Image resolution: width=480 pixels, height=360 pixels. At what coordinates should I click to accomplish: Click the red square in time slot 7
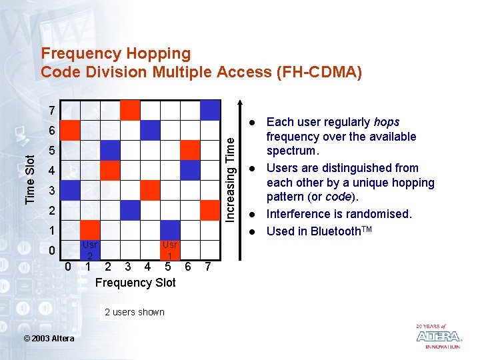click(130, 110)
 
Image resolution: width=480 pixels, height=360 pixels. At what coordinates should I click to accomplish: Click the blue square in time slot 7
click(210, 110)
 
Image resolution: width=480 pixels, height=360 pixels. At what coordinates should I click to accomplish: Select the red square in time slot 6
click(70, 130)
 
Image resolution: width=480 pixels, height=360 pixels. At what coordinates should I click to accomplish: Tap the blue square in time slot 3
click(70, 190)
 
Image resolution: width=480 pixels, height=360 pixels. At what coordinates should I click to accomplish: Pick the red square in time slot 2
click(210, 210)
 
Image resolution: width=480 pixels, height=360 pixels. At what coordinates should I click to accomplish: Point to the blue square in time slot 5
click(110, 150)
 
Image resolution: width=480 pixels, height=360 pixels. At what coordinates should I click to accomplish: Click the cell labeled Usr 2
click(89, 250)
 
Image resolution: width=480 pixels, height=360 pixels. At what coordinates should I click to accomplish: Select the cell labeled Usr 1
click(170, 250)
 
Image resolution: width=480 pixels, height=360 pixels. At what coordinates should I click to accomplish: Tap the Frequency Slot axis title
click(135, 283)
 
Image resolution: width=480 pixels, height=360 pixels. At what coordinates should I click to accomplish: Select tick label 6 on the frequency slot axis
click(188, 267)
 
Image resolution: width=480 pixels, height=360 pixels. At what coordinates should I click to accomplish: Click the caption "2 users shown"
click(135, 312)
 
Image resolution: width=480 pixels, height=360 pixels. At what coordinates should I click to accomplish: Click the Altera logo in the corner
click(438, 336)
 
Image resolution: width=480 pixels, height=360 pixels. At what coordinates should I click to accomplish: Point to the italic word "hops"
click(387, 122)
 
